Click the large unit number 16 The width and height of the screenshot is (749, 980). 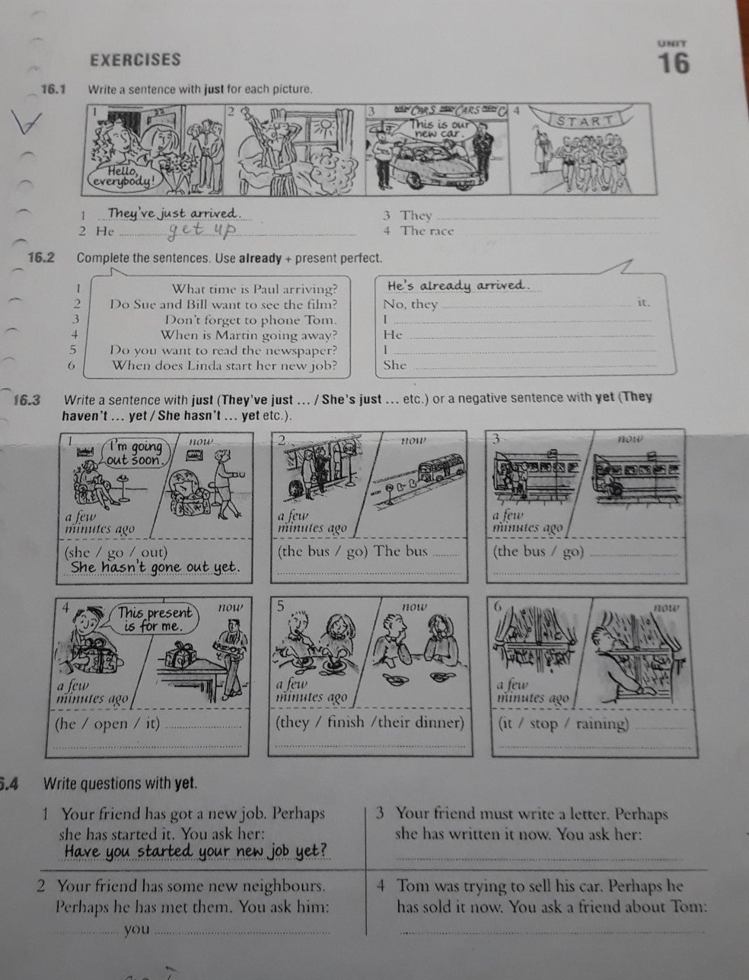(674, 63)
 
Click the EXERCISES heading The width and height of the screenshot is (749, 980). (135, 60)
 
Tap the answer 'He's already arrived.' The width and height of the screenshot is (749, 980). (457, 286)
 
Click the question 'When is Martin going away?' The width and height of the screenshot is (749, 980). (248, 335)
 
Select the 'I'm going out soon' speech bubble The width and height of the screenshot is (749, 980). (135, 453)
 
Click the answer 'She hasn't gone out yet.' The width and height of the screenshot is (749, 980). (155, 567)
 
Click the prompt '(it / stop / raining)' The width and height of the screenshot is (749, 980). (563, 724)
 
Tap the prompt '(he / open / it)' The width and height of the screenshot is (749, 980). (107, 724)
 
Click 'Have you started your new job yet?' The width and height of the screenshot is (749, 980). (196, 851)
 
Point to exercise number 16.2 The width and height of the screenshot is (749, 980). (41, 258)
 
